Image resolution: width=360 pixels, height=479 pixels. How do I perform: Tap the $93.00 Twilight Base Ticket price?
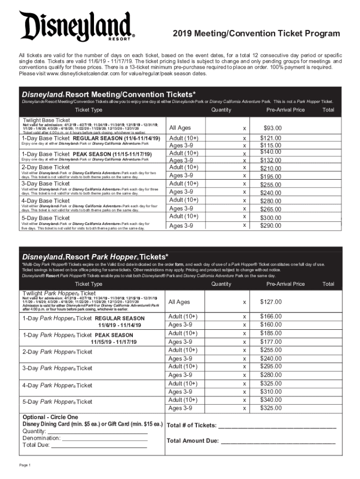tap(272, 128)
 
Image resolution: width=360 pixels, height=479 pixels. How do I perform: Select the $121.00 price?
tap(271, 138)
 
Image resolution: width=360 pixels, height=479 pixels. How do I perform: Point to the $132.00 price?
tap(271, 160)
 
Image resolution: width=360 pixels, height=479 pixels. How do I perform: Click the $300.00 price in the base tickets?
tap(271, 218)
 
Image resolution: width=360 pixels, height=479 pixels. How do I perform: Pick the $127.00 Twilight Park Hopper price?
tap(271, 302)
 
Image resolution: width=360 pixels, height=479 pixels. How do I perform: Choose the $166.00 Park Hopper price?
tap(271, 317)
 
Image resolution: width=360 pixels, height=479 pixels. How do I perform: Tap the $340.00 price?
tap(271, 400)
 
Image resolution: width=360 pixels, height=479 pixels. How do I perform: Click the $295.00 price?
tap(271, 366)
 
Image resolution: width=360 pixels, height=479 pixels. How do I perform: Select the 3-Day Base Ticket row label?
tap(46, 184)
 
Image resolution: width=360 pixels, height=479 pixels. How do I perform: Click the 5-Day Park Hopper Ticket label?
tap(58, 402)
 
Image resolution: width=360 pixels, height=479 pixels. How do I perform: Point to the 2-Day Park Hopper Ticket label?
tap(58, 352)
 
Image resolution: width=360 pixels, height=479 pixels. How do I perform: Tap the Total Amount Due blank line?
tap(278, 441)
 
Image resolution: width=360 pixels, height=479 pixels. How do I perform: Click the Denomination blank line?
tap(105, 438)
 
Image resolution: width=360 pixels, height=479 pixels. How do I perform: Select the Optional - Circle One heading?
tap(50, 417)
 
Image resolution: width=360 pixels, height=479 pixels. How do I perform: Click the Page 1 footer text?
tap(25, 465)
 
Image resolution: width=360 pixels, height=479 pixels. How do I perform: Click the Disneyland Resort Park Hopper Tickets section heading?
tap(95, 257)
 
